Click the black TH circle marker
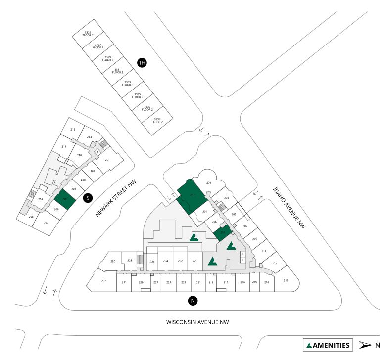point(142,63)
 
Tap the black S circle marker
point(88,198)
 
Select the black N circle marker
point(193,301)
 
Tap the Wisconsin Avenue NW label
point(197,322)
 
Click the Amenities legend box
point(328,345)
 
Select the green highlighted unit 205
point(65,199)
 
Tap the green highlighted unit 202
point(191,196)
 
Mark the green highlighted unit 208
point(223,231)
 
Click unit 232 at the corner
point(103,281)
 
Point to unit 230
point(113,261)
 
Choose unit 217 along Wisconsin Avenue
point(226,282)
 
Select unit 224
point(166,261)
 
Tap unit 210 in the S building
point(79,155)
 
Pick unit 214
point(267,282)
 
